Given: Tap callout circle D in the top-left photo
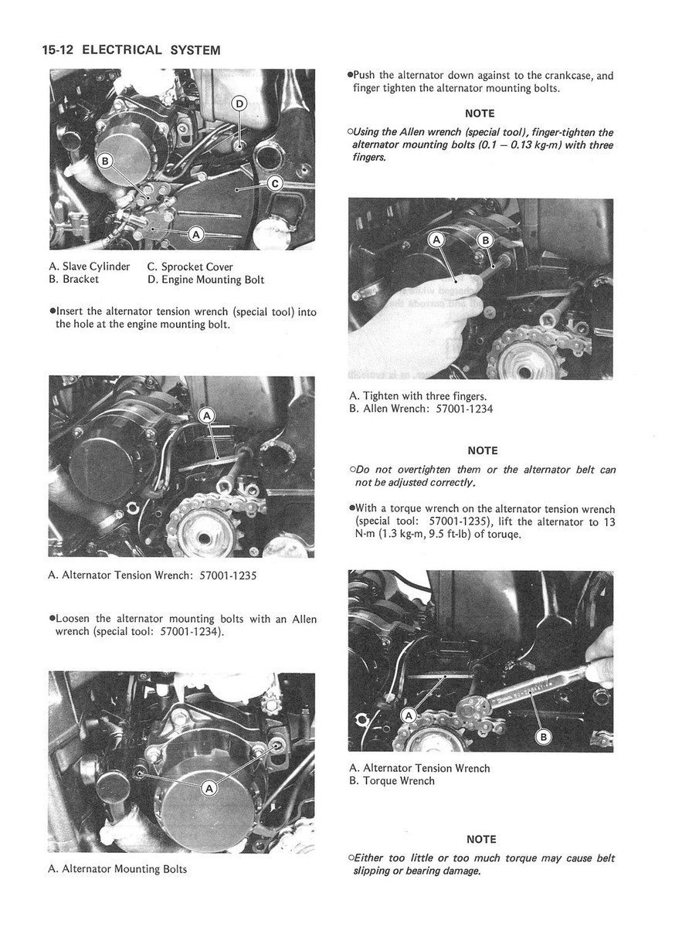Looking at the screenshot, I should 239,104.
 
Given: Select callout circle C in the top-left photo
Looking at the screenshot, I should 276,184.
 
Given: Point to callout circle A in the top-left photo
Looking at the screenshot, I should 195,233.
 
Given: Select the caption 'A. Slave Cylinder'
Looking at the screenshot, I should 89,267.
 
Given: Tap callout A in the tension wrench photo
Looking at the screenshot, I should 207,416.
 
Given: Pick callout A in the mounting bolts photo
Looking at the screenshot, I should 209,789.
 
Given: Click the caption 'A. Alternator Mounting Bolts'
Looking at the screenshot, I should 117,869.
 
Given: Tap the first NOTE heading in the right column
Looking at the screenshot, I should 480,114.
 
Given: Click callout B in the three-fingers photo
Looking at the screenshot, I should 486,239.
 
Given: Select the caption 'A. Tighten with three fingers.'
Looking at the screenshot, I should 418,396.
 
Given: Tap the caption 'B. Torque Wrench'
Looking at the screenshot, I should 392,781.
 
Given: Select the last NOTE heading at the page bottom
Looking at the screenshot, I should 482,839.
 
